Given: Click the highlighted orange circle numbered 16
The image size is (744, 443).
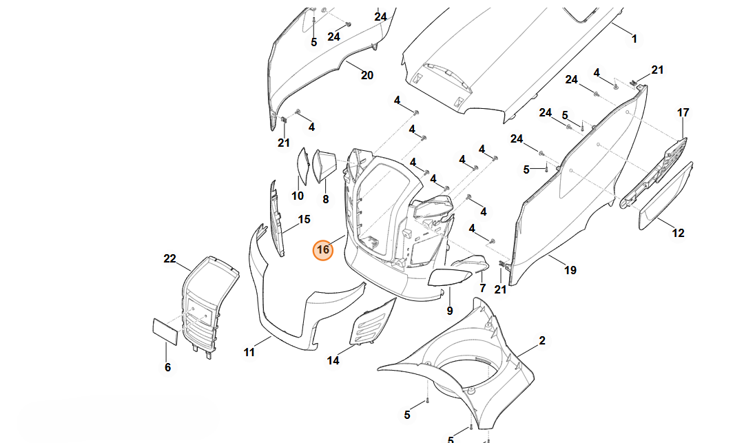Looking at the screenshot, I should (323, 251).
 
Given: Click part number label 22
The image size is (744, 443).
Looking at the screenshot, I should (169, 258).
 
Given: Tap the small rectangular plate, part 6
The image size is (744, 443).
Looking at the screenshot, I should (165, 331).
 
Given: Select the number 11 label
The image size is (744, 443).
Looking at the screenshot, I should (249, 352).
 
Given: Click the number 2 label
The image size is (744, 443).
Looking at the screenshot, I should (542, 340).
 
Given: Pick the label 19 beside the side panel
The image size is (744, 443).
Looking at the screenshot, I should (570, 270).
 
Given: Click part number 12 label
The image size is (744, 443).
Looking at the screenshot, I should (679, 233).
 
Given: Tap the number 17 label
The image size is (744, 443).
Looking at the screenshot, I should (683, 112).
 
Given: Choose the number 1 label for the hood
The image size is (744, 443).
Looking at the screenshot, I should (634, 39).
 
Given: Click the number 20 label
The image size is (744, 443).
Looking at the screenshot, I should (367, 75).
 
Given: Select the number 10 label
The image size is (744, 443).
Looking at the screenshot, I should (298, 196).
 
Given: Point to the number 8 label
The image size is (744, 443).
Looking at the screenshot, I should (326, 199).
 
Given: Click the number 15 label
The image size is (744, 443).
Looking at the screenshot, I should (304, 220).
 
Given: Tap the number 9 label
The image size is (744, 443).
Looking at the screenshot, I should (450, 311).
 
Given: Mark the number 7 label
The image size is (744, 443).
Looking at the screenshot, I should (482, 287).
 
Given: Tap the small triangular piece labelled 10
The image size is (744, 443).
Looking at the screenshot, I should (302, 165).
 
